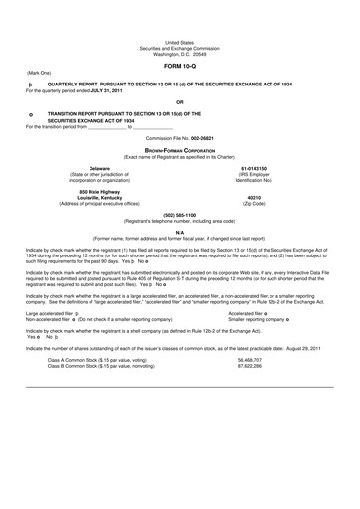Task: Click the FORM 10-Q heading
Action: point(180,37)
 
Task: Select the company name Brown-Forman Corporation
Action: point(179,149)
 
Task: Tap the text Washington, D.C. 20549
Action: point(180,23)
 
